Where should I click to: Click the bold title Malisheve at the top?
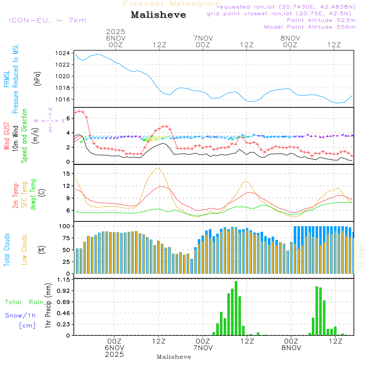158,15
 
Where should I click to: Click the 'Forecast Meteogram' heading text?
172,4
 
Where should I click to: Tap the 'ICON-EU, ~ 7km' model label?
48,20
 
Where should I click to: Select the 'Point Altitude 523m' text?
321,20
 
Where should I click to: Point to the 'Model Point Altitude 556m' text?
310,27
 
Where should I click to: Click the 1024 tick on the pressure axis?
65,53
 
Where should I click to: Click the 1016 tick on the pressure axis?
65,99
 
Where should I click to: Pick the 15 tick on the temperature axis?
67,173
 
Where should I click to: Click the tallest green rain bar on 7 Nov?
236,308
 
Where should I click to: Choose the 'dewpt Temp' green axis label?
34,194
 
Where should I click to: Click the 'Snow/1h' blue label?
20,315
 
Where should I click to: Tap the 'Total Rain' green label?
24,302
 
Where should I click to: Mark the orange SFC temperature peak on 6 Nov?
158,168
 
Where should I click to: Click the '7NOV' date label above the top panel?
203,38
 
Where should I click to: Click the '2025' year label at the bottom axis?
115,355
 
